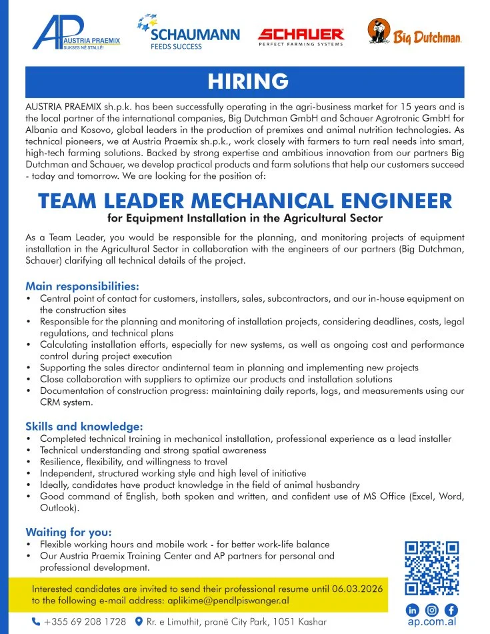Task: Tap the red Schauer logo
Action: coord(301,35)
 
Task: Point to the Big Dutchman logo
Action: coord(414,33)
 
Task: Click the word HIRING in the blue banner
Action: coord(247,81)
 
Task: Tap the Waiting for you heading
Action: coord(68,532)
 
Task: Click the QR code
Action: coord(432,568)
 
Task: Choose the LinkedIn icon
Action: coord(413,610)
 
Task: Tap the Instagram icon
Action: coord(432,610)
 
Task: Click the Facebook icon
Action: coord(451,610)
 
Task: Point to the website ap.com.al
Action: coord(432,623)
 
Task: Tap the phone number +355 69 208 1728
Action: coord(85,622)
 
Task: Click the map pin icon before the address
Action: coord(139,622)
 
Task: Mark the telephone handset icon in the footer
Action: coord(36,622)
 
